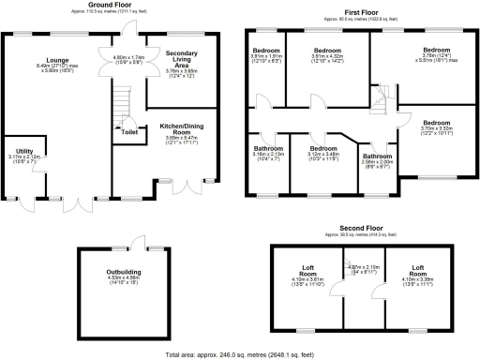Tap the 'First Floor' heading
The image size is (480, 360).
click(361, 13)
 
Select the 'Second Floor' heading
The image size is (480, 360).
click(361, 228)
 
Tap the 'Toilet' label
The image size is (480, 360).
click(127, 132)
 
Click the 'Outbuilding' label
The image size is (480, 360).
click(123, 273)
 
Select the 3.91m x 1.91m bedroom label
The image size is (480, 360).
click(265, 50)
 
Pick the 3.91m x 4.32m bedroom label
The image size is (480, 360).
click(326, 50)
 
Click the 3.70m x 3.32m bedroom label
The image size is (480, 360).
click(437, 123)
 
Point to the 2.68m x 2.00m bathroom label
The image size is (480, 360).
click(377, 156)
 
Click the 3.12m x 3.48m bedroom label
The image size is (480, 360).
click(324, 148)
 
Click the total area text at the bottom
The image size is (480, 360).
click(240, 353)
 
